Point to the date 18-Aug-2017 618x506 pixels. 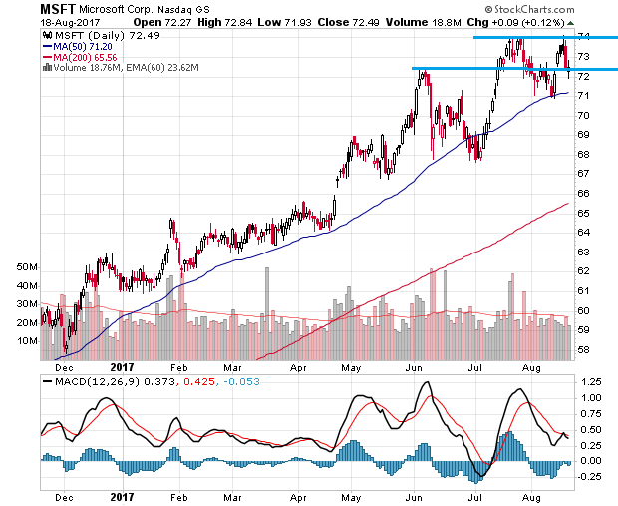[32, 22]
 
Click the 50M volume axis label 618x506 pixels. [25, 269]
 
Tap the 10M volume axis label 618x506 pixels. [25, 341]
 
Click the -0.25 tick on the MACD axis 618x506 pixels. [592, 477]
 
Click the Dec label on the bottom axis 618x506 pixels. [65, 496]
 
